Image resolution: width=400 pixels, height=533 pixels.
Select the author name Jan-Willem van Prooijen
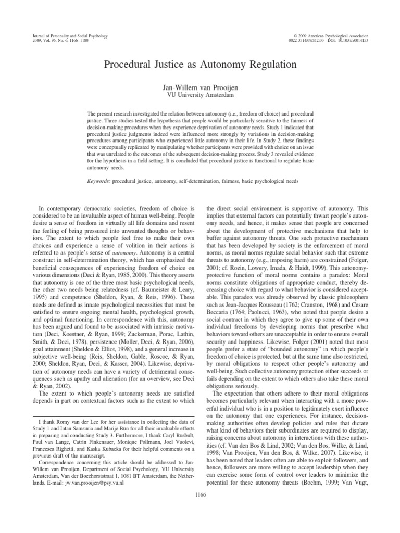pos(200,88)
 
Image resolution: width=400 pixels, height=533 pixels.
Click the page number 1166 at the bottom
pos(200,494)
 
